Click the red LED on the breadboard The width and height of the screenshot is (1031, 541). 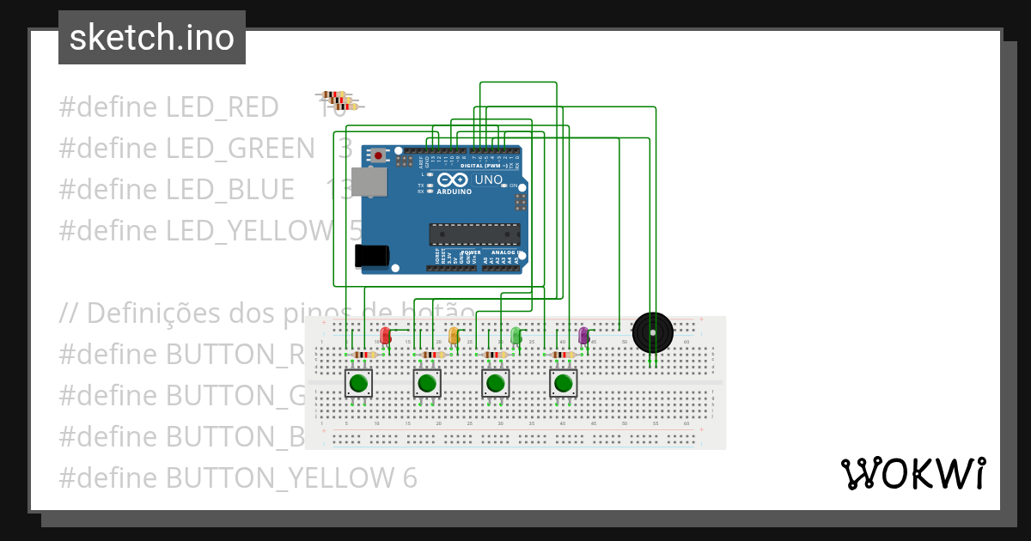click(x=385, y=334)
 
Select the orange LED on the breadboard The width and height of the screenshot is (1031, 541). click(x=454, y=335)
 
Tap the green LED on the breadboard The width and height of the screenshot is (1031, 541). click(x=515, y=335)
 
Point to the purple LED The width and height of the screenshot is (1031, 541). click(x=583, y=335)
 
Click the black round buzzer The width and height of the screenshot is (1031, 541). click(x=653, y=333)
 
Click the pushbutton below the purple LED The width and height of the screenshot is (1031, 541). click(x=564, y=383)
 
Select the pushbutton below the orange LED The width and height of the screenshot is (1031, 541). click(x=427, y=383)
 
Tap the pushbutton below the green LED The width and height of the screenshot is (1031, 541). click(x=495, y=383)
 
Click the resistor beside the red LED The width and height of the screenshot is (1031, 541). click(x=365, y=355)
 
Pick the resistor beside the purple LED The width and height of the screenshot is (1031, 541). click(x=563, y=355)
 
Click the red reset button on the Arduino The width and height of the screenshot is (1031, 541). click(x=378, y=156)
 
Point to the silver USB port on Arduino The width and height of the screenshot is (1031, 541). click(x=370, y=182)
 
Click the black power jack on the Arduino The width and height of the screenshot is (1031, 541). click(x=371, y=255)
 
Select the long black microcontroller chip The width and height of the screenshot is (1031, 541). click(x=474, y=234)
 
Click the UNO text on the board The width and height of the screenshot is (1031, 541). click(x=488, y=179)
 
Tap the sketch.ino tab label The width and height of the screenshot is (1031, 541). click(x=152, y=38)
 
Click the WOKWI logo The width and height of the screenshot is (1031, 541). click(x=912, y=474)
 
